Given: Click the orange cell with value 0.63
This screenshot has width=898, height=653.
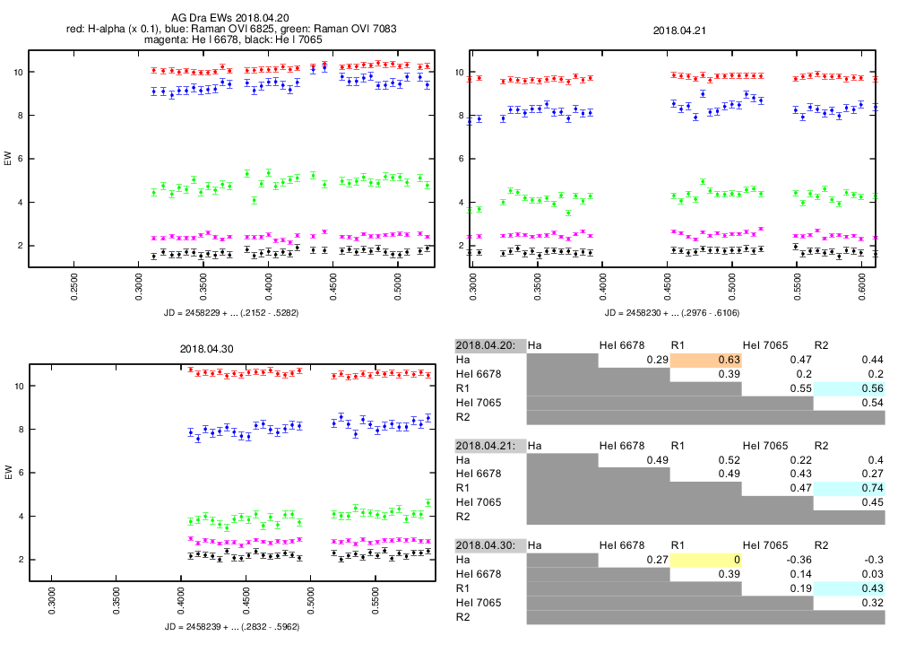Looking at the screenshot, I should click(x=706, y=360).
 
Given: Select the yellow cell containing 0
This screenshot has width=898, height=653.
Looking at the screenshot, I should click(x=706, y=561).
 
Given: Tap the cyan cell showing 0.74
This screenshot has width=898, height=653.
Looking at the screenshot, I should click(x=849, y=488).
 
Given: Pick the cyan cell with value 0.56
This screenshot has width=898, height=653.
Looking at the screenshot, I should click(x=849, y=388).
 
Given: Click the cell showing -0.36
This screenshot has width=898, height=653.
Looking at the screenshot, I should click(x=778, y=561).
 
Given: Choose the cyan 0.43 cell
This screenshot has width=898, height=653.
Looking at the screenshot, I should click(x=849, y=588).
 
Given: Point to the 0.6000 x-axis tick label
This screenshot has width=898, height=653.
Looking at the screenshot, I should click(x=861, y=292).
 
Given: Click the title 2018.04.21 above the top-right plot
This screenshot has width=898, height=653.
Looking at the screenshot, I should click(x=679, y=30).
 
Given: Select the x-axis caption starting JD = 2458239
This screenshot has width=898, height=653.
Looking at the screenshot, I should click(x=231, y=625).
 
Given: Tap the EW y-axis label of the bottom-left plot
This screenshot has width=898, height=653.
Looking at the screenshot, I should click(x=9, y=473).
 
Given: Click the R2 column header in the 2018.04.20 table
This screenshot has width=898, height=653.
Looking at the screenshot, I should click(x=822, y=344).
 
